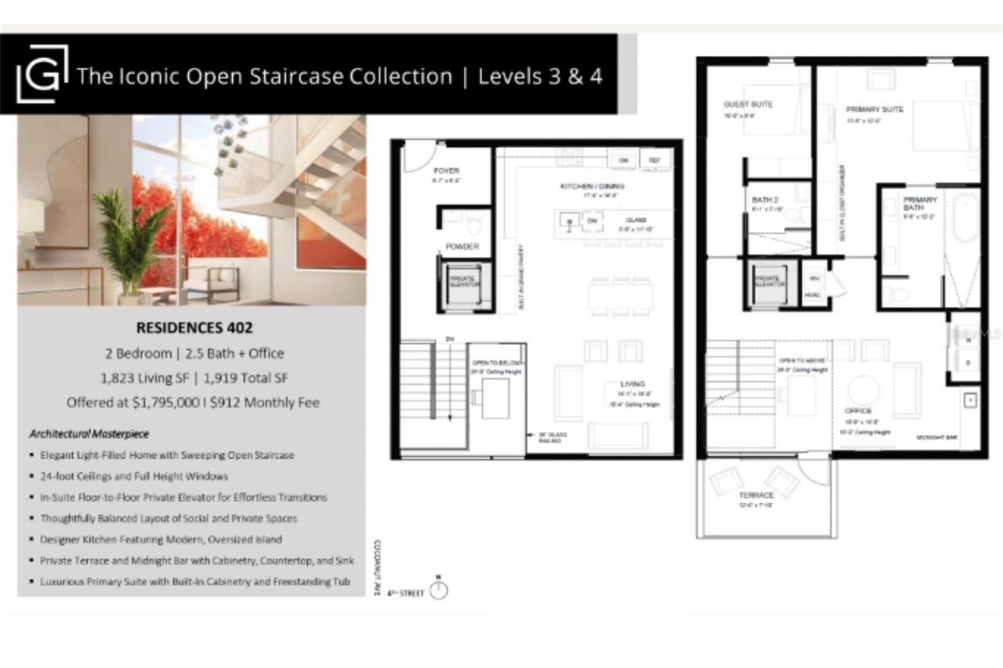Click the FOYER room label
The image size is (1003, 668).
pyautogui.click(x=446, y=171)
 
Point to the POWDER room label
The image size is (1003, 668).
pyautogui.click(x=462, y=247)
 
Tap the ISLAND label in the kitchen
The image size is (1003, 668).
pyautogui.click(x=635, y=221)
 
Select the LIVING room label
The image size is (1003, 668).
pyautogui.click(x=632, y=384)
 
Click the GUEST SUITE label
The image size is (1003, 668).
pyautogui.click(x=748, y=104)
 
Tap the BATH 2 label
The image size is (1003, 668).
pyautogui.click(x=763, y=200)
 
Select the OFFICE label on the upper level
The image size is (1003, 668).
pyautogui.click(x=858, y=410)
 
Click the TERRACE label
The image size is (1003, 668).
pyautogui.click(x=757, y=495)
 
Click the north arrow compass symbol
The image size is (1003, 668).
pyautogui.click(x=439, y=590)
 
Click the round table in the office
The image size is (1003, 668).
pyautogui.click(x=864, y=390)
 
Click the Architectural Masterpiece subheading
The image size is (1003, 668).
pyautogui.click(x=89, y=433)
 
